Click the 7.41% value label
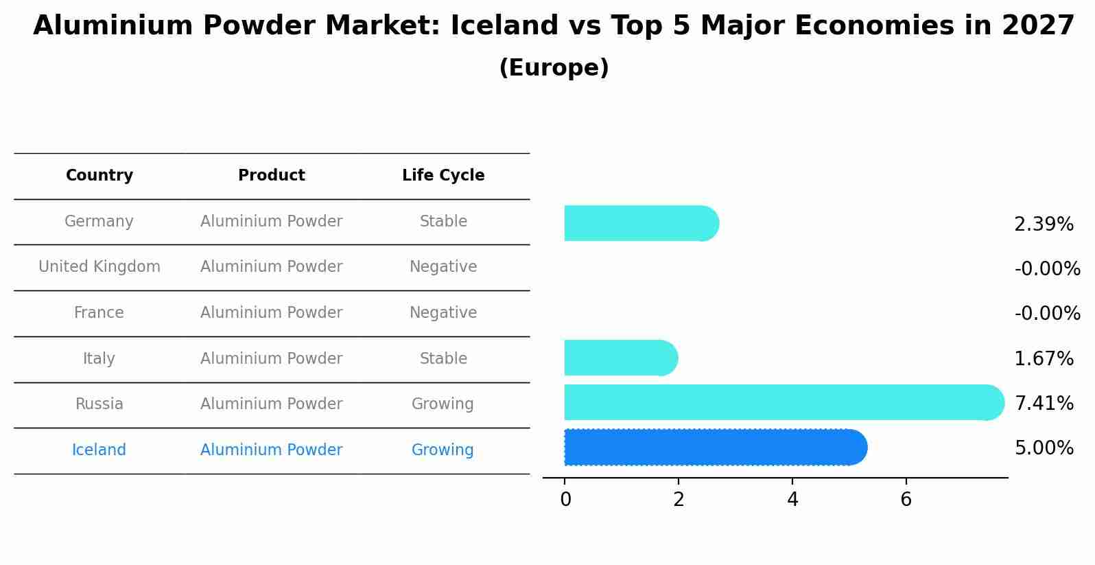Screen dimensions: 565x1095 click(x=1044, y=404)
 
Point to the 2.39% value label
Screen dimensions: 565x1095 click(x=1044, y=224)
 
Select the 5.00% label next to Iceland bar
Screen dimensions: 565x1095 click(x=1044, y=448)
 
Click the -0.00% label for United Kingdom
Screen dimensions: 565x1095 click(x=1047, y=269)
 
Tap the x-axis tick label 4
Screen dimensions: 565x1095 click(x=792, y=500)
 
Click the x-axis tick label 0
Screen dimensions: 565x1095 click(x=565, y=500)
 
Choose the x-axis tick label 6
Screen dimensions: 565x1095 click(x=906, y=500)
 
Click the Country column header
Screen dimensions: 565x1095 click(x=99, y=176)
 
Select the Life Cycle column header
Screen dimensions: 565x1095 click(x=443, y=176)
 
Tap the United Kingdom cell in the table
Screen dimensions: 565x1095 click(x=99, y=267)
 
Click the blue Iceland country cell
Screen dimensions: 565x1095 click(x=99, y=450)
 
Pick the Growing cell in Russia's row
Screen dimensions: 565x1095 click(x=443, y=404)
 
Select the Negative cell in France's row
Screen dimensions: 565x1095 click(x=443, y=313)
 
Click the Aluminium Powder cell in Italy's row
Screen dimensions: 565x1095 click(x=271, y=358)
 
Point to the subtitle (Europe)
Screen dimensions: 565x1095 click(x=554, y=68)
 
